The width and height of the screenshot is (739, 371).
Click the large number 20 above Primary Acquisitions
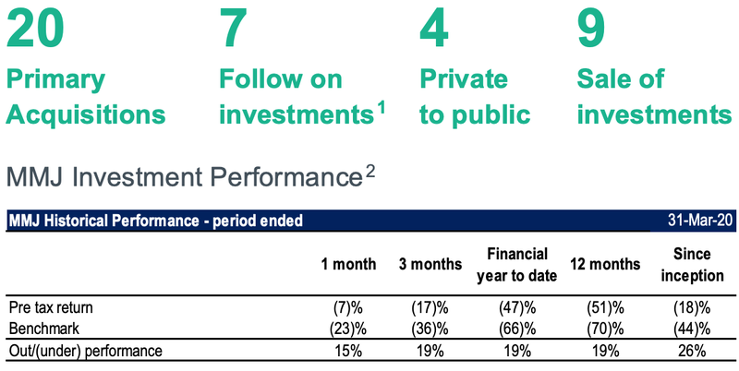34,29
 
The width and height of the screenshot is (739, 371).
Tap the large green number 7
234,29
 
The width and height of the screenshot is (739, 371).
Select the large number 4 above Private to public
433,29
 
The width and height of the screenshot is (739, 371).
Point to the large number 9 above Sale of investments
591,29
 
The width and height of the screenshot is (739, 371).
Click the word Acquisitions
86,114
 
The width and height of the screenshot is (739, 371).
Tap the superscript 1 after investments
381,109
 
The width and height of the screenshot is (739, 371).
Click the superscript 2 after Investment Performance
370,174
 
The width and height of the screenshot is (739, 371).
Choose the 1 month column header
349,264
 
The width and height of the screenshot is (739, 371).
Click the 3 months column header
430,264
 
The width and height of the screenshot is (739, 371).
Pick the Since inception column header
692,264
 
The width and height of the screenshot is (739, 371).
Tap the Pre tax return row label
52,308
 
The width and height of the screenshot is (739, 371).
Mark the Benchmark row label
44,329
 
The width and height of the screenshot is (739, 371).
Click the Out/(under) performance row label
86,352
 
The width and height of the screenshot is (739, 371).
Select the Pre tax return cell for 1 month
348,308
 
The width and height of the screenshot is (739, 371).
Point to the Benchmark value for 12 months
605,329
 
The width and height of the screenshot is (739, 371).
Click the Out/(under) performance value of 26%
692,352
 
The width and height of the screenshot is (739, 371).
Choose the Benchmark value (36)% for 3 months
430,329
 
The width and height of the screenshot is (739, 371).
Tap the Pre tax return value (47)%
517,308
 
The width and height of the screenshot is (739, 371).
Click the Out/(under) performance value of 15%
348,352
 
